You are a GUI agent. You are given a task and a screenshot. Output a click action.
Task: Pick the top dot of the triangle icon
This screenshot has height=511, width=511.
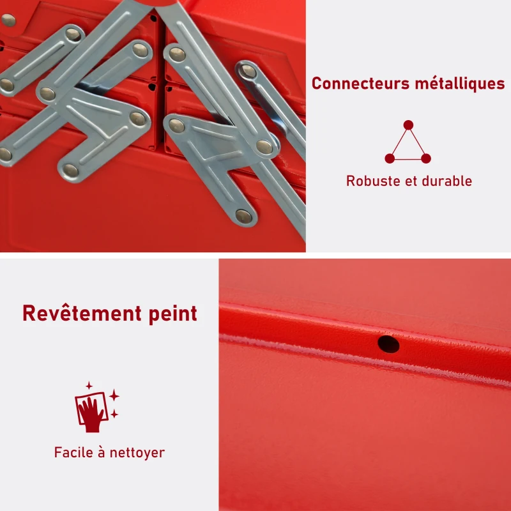(x=408, y=125)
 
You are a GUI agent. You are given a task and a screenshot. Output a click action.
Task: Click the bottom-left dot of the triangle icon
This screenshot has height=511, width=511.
(x=390, y=158)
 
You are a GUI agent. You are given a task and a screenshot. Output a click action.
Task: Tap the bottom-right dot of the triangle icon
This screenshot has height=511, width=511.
(x=426, y=158)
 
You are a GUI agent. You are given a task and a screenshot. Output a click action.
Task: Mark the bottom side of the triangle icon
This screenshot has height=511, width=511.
(x=408, y=158)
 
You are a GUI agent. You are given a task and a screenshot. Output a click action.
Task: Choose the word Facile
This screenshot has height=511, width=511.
(x=75, y=453)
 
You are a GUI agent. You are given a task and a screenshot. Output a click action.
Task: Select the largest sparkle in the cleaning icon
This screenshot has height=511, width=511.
(x=114, y=397)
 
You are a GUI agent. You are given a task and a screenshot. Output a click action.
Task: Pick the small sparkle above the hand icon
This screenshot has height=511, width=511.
(x=89, y=386)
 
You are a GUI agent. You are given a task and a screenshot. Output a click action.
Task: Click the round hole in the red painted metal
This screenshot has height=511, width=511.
(x=388, y=344)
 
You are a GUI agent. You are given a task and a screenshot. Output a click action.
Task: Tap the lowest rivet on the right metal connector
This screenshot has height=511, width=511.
(x=243, y=216)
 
